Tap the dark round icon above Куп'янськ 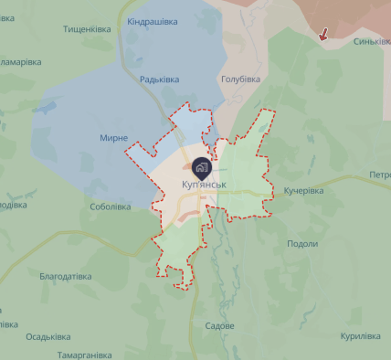(202, 166)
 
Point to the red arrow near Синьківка (323, 35)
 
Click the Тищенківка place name (87, 28)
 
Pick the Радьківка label (159, 79)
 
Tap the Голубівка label (240, 79)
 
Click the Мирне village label (114, 138)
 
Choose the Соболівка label (111, 206)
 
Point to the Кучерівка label (303, 191)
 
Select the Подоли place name (302, 244)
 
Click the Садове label (220, 326)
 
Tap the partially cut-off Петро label (379, 175)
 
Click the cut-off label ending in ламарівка (20, 62)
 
